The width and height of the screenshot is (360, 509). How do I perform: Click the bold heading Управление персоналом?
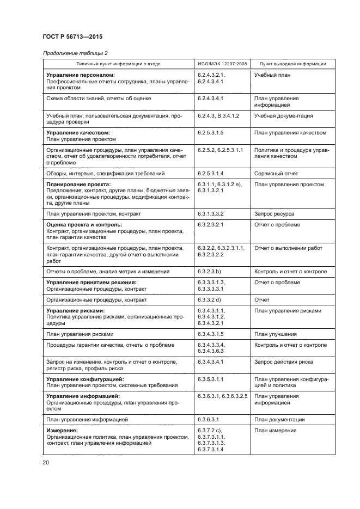click(x=81, y=75)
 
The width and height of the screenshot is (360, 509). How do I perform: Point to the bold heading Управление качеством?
click(x=78, y=133)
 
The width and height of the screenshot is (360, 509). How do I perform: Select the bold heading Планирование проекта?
click(x=78, y=185)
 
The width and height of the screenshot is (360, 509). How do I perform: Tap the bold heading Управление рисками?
click(x=75, y=311)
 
